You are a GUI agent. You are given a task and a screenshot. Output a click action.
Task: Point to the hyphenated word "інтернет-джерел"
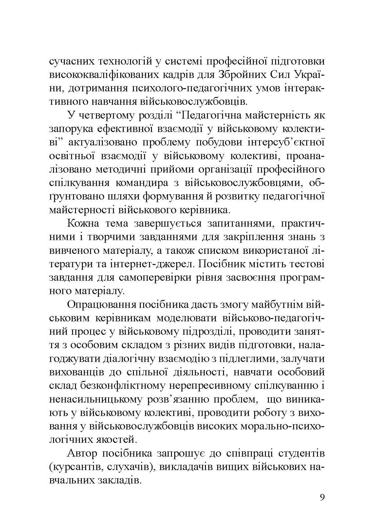155,264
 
